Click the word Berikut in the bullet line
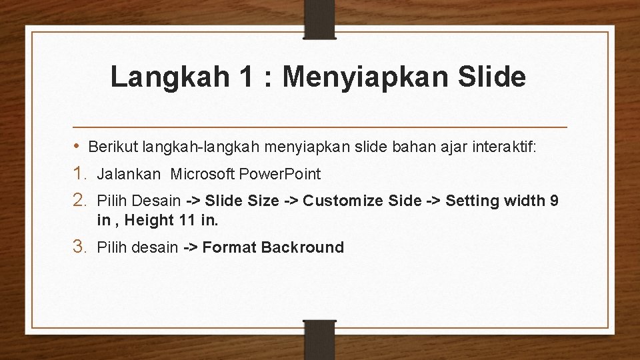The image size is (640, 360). pyautogui.click(x=109, y=146)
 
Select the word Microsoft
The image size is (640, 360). pyautogui.click(x=202, y=175)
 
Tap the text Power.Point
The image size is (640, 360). pyautogui.click(x=279, y=175)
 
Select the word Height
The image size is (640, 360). pyautogui.click(x=149, y=220)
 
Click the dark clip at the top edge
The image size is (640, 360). pyautogui.click(x=319, y=19)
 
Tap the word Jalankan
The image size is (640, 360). pyautogui.click(x=129, y=175)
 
